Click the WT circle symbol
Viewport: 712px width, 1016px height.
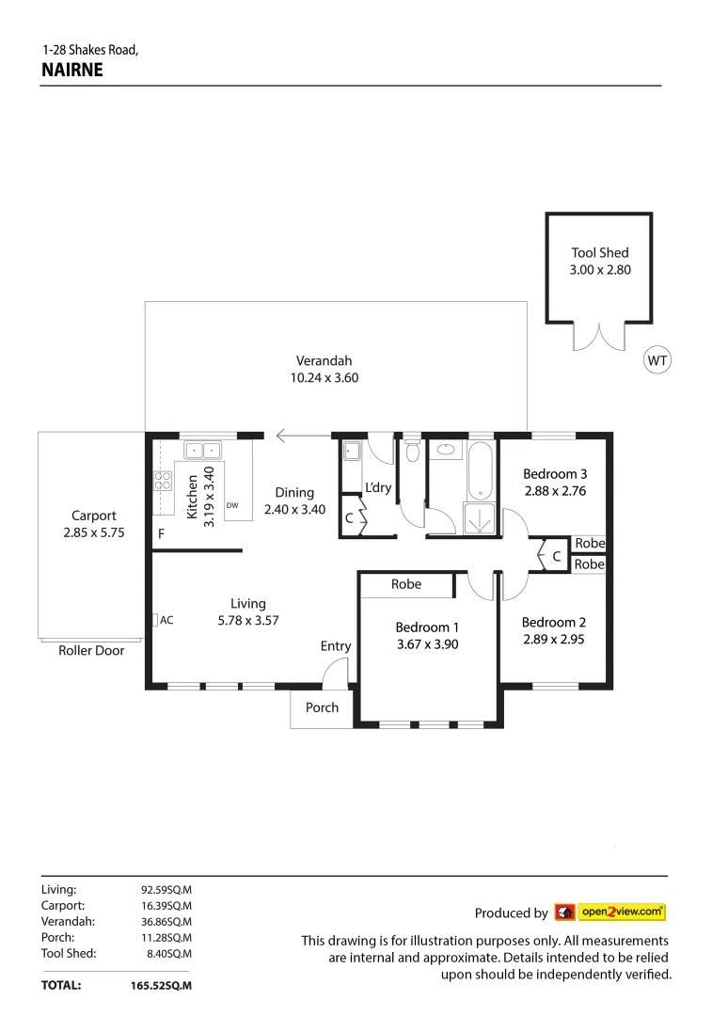coord(657,359)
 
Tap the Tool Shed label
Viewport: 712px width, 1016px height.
coord(599,252)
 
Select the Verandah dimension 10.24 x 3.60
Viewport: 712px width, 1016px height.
coord(324,378)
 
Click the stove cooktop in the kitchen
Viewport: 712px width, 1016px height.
coord(163,481)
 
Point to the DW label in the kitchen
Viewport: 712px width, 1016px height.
coord(232,506)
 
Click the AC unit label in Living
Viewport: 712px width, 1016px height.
coord(166,621)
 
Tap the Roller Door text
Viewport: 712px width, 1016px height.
coord(91,650)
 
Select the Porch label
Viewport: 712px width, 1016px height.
coord(322,707)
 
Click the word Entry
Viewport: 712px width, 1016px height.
coord(335,646)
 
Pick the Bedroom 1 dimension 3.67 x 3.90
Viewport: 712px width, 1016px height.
coord(427,645)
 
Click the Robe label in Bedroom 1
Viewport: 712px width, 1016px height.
coord(406,584)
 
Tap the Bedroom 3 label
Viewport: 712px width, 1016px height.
coord(555,473)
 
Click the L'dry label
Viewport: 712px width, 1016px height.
coord(378,487)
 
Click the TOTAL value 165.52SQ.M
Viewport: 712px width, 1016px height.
coord(161,986)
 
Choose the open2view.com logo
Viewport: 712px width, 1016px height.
coord(610,912)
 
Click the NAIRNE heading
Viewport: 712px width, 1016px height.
coord(72,70)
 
